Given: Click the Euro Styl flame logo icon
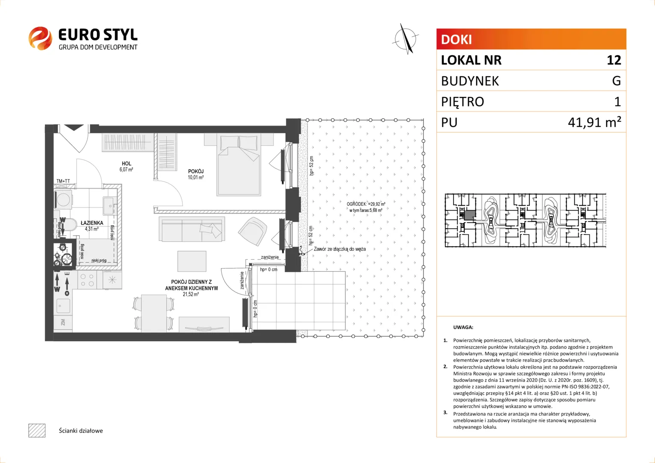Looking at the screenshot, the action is (x=40, y=38).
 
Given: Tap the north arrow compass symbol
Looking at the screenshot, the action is (x=406, y=39).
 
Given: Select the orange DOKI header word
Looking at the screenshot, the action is (x=456, y=39).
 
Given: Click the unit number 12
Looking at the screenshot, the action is (x=614, y=60).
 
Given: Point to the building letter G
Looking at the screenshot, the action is (x=616, y=81).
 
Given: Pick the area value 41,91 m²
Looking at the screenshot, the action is (x=595, y=122).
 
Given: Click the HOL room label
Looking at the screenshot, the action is (x=126, y=166).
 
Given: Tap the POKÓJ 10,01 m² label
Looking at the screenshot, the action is (x=195, y=174).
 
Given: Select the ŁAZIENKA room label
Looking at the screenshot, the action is (x=92, y=225).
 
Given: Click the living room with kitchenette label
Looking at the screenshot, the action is (x=191, y=288).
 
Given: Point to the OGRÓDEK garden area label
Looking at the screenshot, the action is (x=366, y=207).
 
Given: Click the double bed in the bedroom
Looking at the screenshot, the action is (x=239, y=165).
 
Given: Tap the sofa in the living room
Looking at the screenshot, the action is (x=192, y=229).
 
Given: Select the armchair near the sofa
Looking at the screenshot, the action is (x=252, y=231).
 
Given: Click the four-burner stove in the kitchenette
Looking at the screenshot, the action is (x=87, y=280).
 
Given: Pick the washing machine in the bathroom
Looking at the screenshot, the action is (x=63, y=200).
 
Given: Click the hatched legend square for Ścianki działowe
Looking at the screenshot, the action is (x=37, y=430).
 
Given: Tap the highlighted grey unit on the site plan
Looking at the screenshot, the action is (x=470, y=216).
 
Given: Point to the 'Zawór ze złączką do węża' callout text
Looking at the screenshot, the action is (x=340, y=249).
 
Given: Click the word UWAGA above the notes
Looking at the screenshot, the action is (x=463, y=327).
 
